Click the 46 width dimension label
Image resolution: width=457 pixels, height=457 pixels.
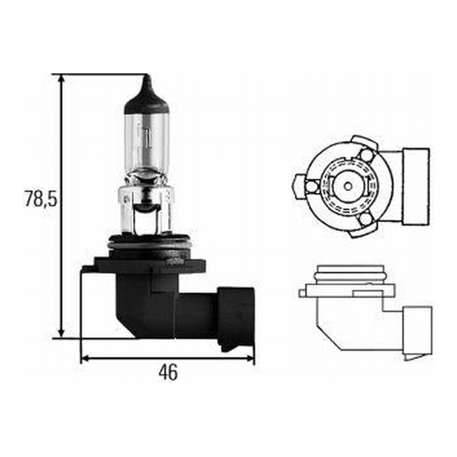169,372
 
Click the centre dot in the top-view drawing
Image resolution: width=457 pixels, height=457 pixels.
347,184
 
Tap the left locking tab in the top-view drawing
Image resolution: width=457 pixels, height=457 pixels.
300,183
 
